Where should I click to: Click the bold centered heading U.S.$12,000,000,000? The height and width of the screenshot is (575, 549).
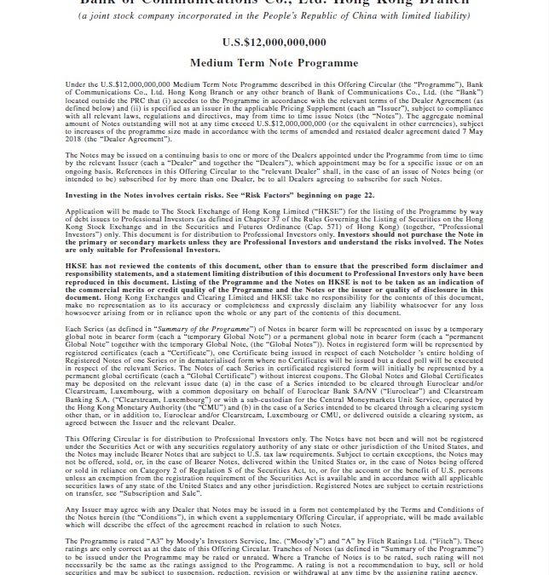pyautogui.click(x=274, y=41)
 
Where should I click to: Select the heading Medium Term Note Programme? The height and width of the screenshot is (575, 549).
pyautogui.click(x=274, y=62)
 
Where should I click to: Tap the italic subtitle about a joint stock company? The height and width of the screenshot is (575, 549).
pyautogui.click(x=274, y=15)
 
